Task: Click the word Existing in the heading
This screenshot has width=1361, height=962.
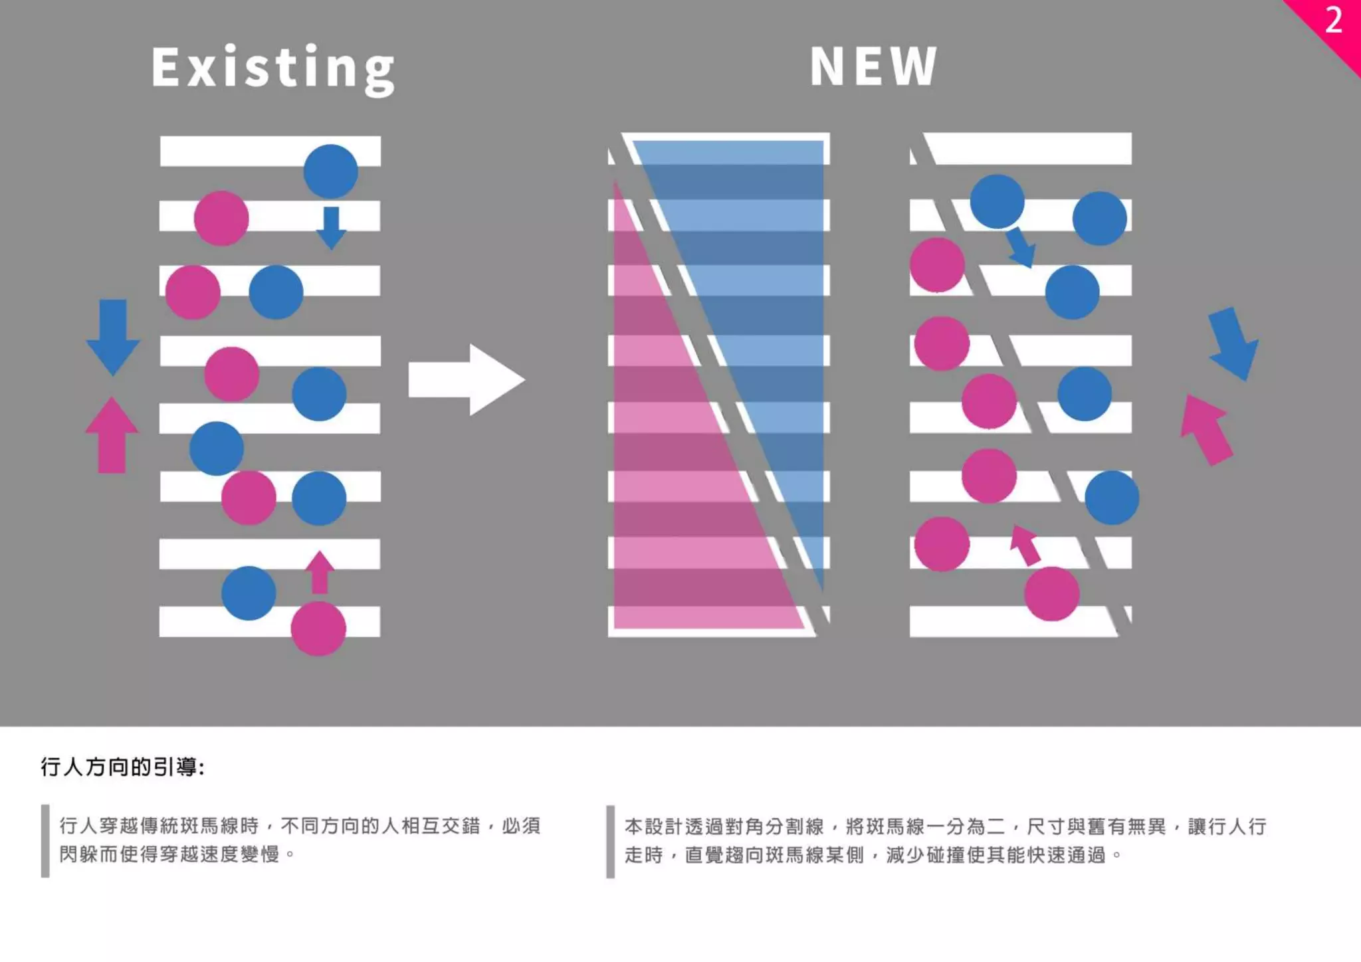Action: pos(272,68)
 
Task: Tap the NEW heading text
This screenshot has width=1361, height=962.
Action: pos(873,66)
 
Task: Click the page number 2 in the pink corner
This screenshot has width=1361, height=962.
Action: pos(1333,21)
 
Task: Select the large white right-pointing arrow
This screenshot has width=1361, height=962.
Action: pos(466,380)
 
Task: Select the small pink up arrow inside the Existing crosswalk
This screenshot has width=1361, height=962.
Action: pos(320,572)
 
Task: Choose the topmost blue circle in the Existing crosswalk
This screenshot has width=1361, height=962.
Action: pos(331,171)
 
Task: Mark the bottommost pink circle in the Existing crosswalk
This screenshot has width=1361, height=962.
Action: pos(318,628)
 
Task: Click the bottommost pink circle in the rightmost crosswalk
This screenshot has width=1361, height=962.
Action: pos(1051,593)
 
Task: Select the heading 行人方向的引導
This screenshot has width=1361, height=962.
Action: pos(122,767)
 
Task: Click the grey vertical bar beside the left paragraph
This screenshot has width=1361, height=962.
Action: pos(45,840)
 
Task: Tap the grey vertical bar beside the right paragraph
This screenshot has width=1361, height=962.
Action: pos(610,841)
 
